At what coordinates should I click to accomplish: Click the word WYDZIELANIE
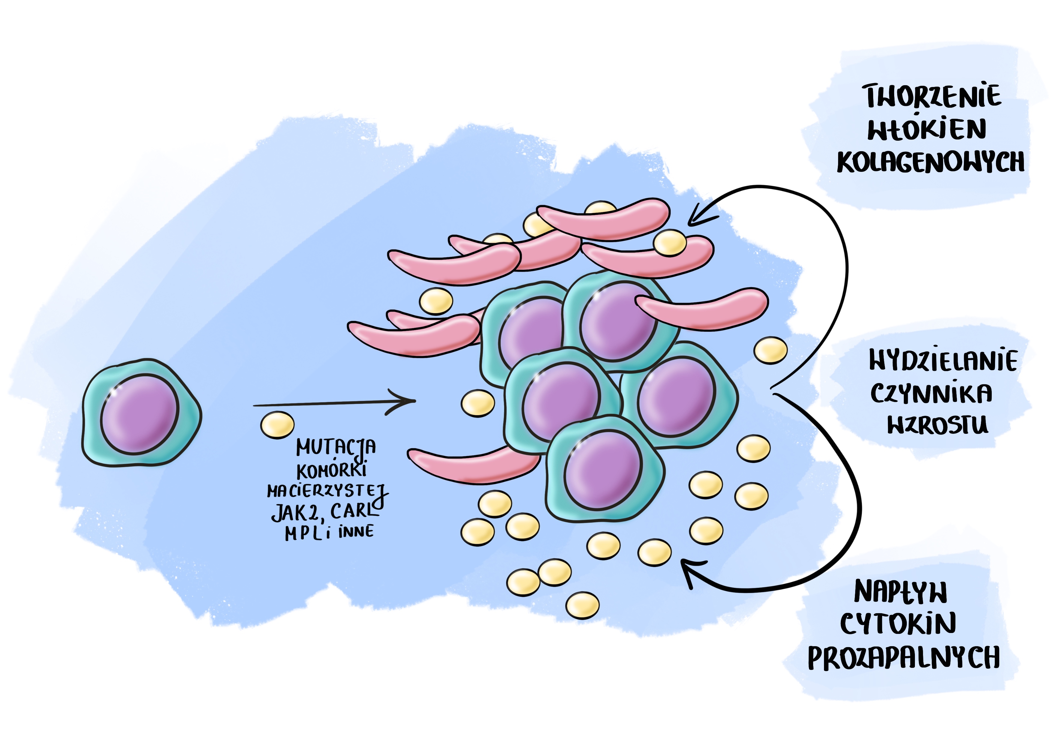click(x=943, y=361)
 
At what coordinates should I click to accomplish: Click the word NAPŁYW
click(x=900, y=592)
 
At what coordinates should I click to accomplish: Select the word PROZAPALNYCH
click(x=904, y=657)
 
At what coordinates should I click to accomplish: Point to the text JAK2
click(x=294, y=512)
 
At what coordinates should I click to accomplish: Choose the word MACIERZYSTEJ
click(x=327, y=491)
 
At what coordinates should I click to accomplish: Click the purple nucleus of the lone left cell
click(x=139, y=414)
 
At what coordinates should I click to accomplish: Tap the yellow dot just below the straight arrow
click(x=277, y=425)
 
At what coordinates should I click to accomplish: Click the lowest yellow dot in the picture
click(x=582, y=605)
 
